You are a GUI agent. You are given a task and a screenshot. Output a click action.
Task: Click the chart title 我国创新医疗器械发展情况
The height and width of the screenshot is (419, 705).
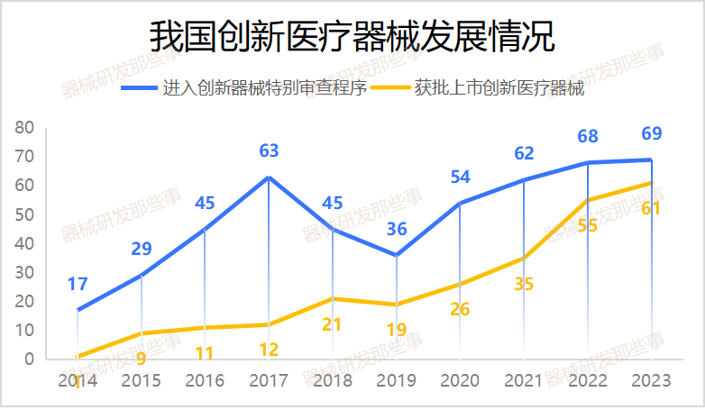pos(352,38)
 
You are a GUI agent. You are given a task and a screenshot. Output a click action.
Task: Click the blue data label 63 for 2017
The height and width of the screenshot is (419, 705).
pos(269,150)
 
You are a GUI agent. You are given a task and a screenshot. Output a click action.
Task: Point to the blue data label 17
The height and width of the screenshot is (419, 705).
pos(78,285)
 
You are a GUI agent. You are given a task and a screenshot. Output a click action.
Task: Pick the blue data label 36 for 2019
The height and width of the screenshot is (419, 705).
pos(396,229)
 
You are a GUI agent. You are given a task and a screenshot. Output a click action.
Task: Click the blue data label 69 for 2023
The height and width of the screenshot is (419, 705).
pos(651,134)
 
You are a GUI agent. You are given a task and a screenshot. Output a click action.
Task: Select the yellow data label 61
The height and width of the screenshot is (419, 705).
pos(651,208)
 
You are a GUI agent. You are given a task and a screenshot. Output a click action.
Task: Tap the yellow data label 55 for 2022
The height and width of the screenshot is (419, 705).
pos(587,225)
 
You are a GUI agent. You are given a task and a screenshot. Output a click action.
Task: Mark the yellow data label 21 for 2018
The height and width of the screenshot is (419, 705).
pos(332,324)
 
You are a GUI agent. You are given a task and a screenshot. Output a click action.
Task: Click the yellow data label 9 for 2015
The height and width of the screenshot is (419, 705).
pos(141,359)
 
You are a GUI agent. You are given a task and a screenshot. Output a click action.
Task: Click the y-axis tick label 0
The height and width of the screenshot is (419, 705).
pos(29,360)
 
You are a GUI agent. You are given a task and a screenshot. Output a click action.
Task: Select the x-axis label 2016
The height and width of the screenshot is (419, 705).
pos(205,381)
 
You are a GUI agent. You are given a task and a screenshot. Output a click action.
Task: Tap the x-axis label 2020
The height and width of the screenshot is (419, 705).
pos(460,381)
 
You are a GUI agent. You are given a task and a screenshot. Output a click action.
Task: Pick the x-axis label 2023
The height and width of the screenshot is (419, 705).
pos(651,381)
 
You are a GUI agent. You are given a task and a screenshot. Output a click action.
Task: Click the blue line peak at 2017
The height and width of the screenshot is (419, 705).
pos(269,177)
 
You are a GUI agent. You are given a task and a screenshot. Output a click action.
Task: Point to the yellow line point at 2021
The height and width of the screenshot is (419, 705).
pos(524,258)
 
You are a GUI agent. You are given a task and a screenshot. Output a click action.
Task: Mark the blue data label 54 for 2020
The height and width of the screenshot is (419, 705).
pos(460,178)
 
